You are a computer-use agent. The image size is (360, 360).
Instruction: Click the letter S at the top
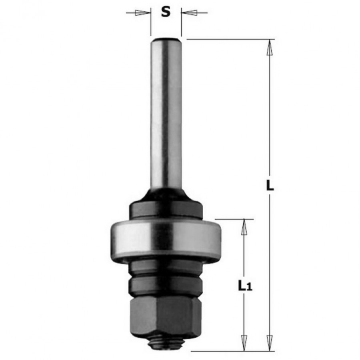166,12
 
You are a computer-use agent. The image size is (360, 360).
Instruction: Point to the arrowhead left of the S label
140,13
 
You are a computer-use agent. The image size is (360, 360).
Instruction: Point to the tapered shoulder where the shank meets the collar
166,193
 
